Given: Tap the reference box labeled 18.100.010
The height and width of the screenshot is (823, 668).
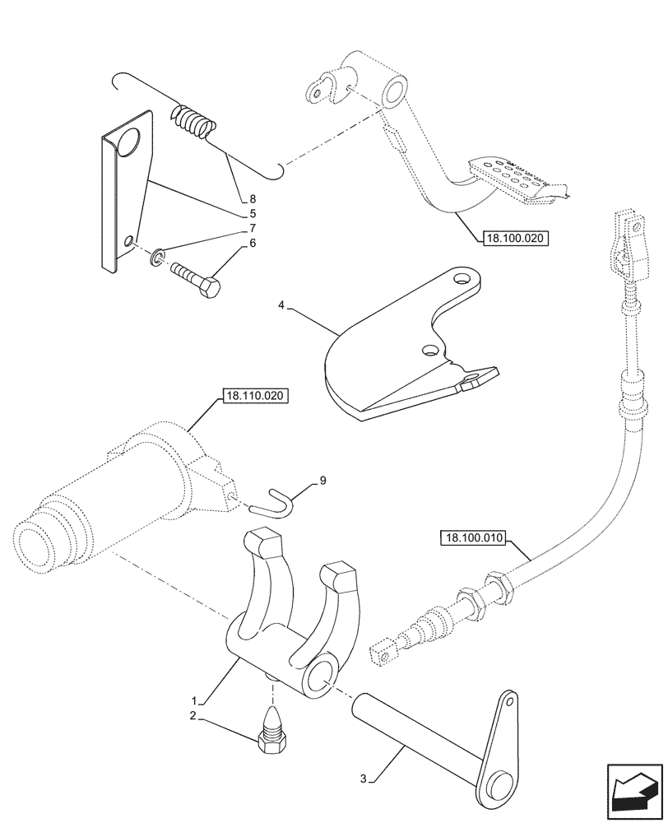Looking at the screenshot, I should [475, 538].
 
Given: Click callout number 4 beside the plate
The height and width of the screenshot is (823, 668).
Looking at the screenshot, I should [281, 305].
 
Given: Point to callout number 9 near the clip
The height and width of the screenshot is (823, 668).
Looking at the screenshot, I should [322, 479].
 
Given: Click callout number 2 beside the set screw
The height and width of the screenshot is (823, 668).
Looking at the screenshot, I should [192, 716].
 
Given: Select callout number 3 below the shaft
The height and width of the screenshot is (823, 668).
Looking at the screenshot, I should [364, 777].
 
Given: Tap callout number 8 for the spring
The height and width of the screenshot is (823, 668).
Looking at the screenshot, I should [253, 198].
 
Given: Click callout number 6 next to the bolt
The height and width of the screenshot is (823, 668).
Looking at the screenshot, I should [253, 243].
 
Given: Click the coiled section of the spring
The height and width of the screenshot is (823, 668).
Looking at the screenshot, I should [195, 122].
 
